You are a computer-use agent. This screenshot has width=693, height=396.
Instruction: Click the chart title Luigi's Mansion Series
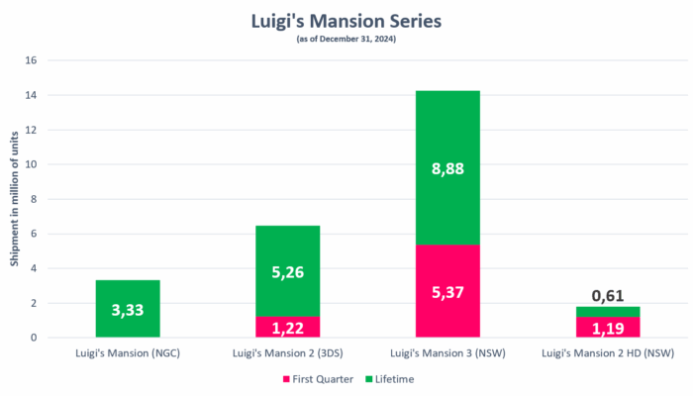[346, 18]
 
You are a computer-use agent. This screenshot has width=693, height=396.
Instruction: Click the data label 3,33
[128, 310]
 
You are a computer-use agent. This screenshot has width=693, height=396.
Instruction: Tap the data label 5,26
[287, 270]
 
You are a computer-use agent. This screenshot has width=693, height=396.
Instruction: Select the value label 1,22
[287, 327]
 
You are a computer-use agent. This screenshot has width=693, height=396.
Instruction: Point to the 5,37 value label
[447, 291]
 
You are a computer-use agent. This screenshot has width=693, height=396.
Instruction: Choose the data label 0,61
[608, 295]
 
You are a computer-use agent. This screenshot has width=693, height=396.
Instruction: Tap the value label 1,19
[608, 327]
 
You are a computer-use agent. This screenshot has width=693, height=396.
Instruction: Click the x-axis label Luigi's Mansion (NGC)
[128, 352]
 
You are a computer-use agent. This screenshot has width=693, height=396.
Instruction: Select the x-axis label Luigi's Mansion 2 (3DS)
[287, 352]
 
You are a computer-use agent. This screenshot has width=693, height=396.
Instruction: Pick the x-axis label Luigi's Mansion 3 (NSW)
[447, 352]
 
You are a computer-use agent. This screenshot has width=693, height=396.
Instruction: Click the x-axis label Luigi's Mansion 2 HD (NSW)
[608, 352]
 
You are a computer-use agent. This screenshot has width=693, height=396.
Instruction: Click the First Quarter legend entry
[317, 379]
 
